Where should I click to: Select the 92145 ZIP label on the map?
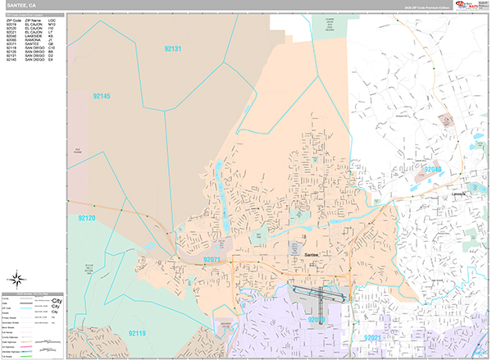(x=102, y=97)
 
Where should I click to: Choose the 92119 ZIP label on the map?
(x=137, y=333)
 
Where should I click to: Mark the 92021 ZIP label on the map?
(x=374, y=337)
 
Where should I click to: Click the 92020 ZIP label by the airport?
(x=317, y=319)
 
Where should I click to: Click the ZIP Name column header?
(x=33, y=19)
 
